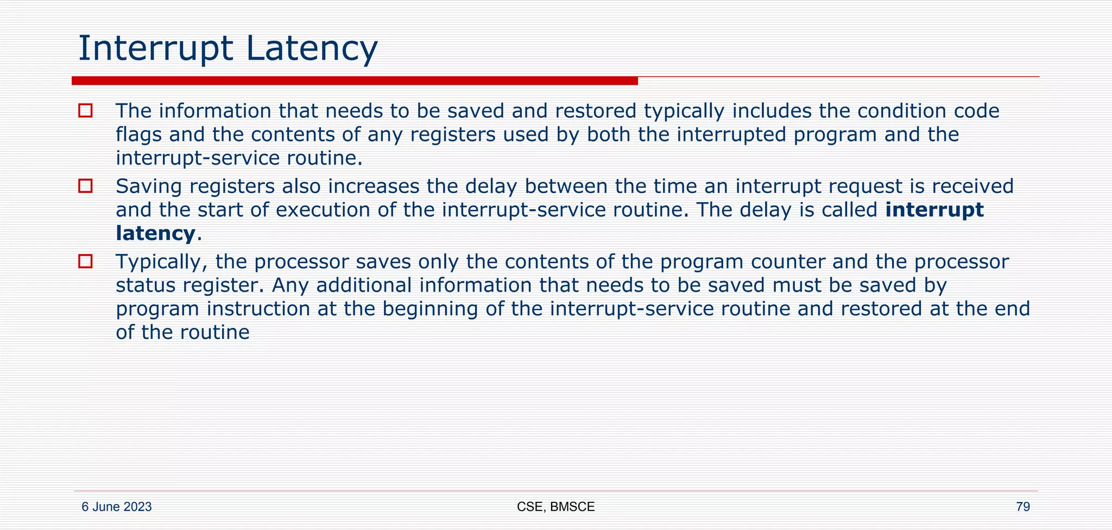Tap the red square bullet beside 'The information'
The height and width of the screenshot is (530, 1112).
[85, 111]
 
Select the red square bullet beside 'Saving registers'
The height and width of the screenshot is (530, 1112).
[85, 186]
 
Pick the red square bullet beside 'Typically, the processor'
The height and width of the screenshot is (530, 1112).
[85, 262]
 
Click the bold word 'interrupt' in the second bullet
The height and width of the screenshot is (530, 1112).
[934, 210]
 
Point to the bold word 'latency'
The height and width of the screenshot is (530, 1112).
[155, 234]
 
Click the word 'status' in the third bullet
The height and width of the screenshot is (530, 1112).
[145, 285]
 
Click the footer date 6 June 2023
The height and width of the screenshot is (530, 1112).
[116, 507]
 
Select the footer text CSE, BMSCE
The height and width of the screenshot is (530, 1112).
[555, 507]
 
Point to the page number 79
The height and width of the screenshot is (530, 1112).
[1022, 507]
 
